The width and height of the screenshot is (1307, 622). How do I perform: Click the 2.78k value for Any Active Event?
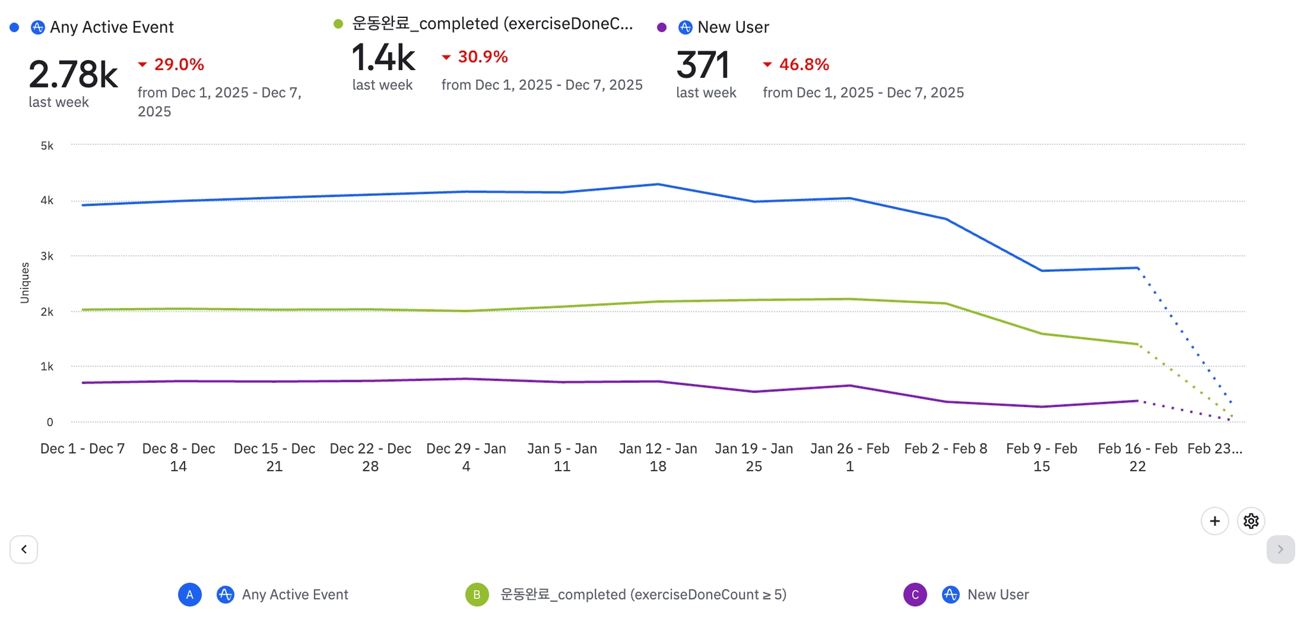[73, 75]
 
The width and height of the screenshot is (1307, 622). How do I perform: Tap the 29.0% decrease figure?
[179, 64]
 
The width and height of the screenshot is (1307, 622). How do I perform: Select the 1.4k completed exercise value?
[383, 58]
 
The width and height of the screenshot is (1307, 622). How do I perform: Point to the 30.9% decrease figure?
[482, 57]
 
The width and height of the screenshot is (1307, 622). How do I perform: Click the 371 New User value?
[702, 65]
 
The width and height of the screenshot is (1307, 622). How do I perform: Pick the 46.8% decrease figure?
[803, 64]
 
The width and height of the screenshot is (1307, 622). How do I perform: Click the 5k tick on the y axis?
[47, 145]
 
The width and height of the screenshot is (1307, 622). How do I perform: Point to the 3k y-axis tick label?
[47, 256]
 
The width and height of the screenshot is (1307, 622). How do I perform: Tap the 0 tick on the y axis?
[50, 422]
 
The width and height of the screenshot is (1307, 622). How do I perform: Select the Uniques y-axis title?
[25, 283]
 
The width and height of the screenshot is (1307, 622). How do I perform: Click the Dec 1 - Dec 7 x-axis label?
[82, 448]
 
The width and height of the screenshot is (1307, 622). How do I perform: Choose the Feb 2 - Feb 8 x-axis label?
[945, 448]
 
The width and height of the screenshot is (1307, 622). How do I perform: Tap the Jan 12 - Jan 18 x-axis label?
[658, 457]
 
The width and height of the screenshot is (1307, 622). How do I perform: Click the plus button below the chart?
[1214, 521]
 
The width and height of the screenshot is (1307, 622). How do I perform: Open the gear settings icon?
[1251, 521]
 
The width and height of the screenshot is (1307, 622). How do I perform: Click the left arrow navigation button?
[24, 549]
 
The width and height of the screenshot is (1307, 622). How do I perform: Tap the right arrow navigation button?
[1280, 549]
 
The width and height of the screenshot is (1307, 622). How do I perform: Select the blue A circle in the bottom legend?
[190, 595]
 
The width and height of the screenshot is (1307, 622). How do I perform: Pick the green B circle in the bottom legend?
[477, 595]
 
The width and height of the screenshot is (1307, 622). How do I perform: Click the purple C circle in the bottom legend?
[915, 595]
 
